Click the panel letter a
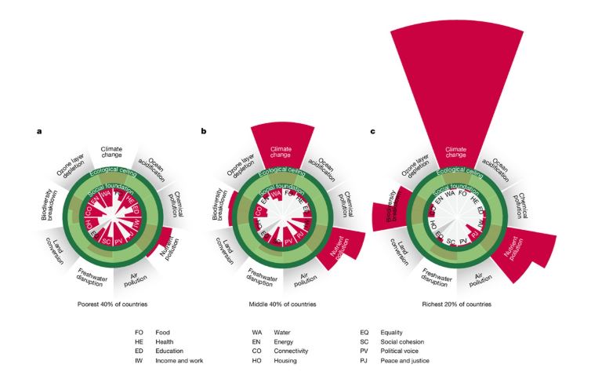(x=39, y=131)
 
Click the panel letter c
(x=372, y=131)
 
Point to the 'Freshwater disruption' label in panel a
(x=92, y=275)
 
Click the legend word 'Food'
(x=164, y=333)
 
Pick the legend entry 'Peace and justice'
(x=409, y=361)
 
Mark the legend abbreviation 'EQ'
(x=364, y=333)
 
